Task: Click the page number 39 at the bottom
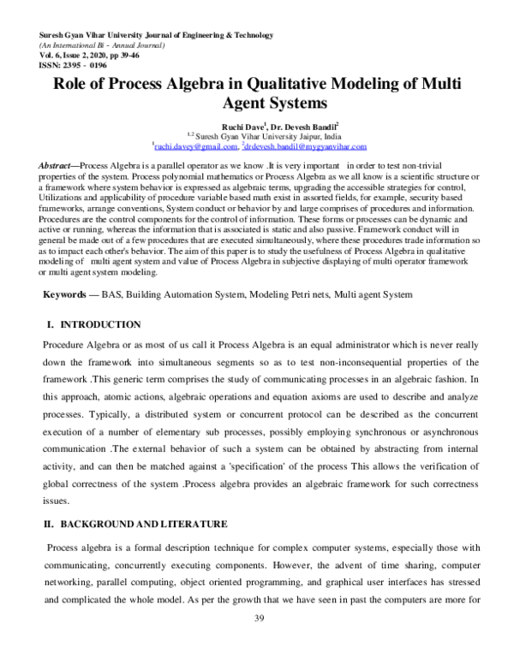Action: [x=257, y=619]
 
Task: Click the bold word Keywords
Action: [x=69, y=293]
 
